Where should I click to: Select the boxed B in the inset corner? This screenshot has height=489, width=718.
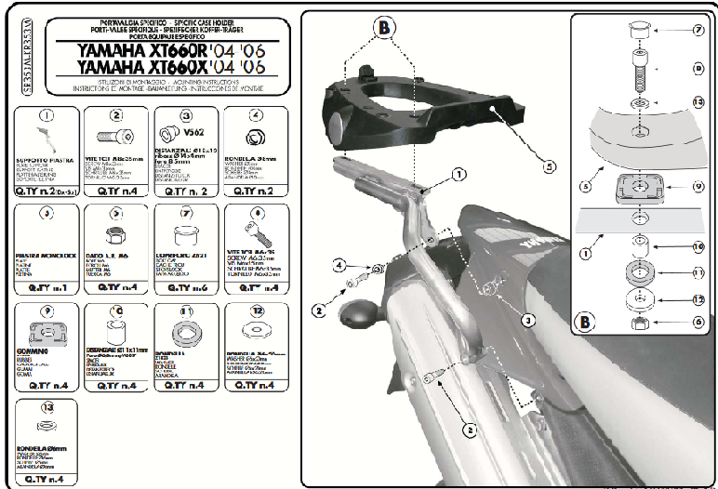point(584,323)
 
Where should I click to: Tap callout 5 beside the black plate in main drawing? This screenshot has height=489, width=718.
point(550,166)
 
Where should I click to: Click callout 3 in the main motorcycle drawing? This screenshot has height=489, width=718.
point(527,319)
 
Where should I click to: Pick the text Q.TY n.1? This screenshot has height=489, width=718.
point(47,289)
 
